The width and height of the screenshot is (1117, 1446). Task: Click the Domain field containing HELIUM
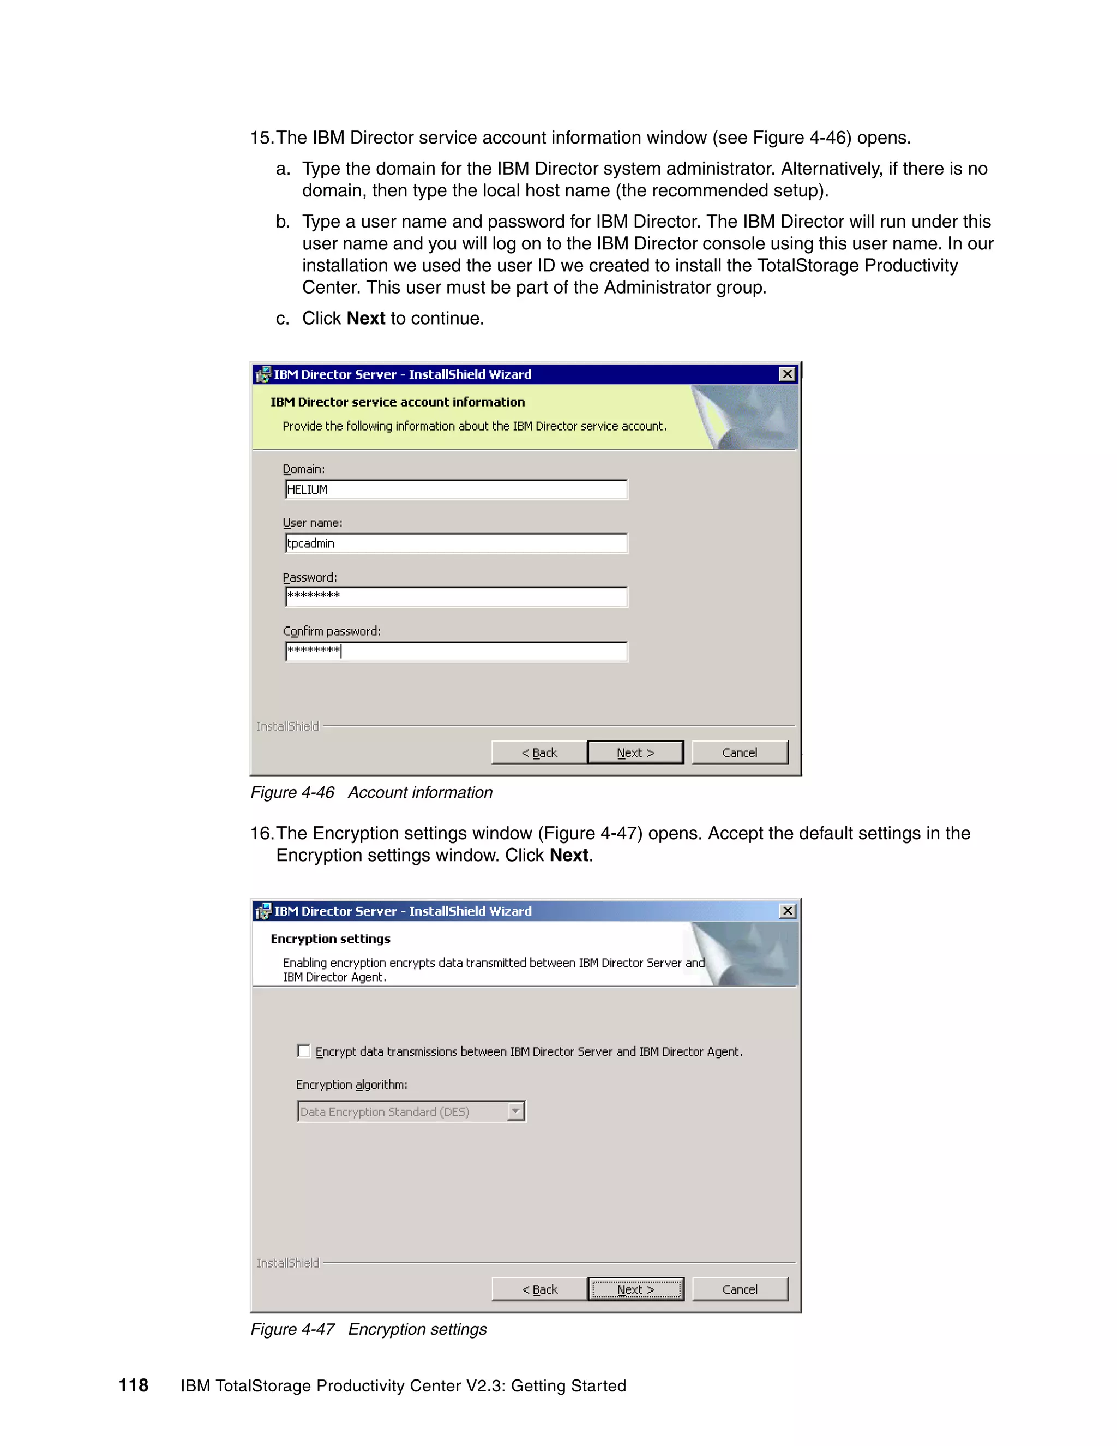pyautogui.click(x=455, y=489)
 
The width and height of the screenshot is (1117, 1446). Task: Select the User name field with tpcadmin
pyautogui.click(x=455, y=543)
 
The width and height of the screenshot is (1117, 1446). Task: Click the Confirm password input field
pyautogui.click(x=455, y=651)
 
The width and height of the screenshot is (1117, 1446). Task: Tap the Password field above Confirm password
pyautogui.click(x=455, y=596)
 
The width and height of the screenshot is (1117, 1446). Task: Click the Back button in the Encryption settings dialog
pyautogui.click(x=539, y=1289)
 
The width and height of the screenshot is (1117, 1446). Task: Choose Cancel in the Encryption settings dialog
pyautogui.click(x=739, y=1289)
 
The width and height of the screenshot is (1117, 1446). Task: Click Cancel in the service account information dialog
pyautogui.click(x=739, y=752)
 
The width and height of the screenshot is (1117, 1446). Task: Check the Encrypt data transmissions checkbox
pyautogui.click(x=304, y=1051)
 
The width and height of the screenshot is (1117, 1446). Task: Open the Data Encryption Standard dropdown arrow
pyautogui.click(x=515, y=1111)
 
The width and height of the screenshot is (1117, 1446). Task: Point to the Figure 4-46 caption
pyautogui.click(x=371, y=792)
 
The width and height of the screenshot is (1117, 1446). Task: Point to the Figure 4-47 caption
pyautogui.click(x=368, y=1329)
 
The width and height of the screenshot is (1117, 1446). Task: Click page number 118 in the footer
pyautogui.click(x=133, y=1385)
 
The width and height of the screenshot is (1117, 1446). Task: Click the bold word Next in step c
pyautogui.click(x=365, y=319)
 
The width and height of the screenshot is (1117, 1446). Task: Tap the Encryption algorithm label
pyautogui.click(x=351, y=1084)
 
